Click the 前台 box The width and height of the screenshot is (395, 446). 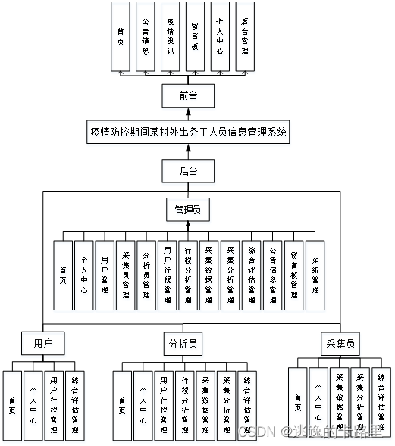(x=188, y=96)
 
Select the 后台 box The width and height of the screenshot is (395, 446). (x=188, y=171)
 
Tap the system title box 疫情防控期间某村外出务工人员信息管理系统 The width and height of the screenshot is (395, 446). (x=188, y=132)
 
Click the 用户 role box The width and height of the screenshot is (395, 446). (x=42, y=344)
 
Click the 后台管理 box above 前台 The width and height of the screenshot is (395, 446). (x=244, y=36)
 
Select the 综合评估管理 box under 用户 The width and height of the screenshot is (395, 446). (x=74, y=405)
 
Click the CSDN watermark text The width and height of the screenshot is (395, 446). (x=255, y=431)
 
